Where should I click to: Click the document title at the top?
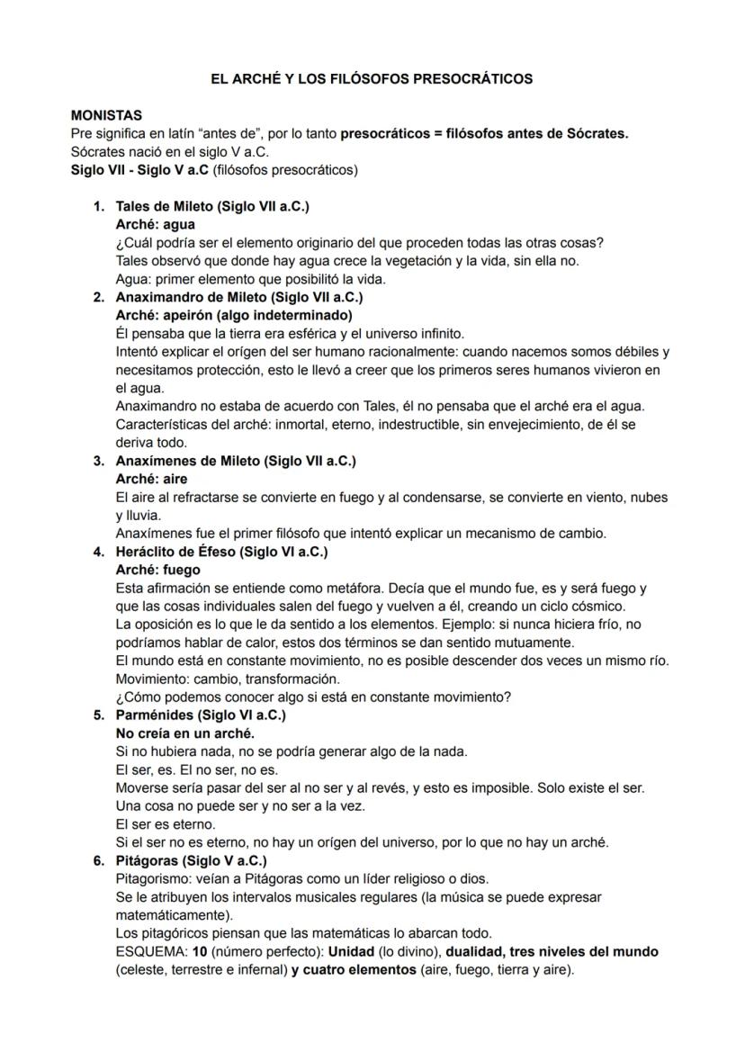coord(371,79)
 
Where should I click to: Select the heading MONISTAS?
coord(106,116)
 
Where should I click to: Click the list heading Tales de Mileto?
coord(212,206)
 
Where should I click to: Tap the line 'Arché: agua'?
coord(155,224)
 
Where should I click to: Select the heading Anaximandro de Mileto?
coord(239,297)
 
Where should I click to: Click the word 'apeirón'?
coord(185,315)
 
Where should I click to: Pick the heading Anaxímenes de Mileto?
coord(236,461)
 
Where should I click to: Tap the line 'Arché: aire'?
coord(151,479)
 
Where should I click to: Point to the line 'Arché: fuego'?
coord(157,570)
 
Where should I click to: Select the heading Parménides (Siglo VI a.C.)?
coord(201,715)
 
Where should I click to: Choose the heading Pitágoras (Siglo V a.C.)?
coord(191,860)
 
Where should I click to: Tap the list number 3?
coord(98,461)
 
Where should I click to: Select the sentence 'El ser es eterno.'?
coord(165,824)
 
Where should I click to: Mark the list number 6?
coord(98,860)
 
